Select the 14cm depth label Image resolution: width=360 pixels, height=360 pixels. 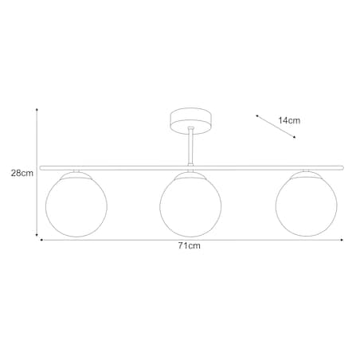(x=289, y=120)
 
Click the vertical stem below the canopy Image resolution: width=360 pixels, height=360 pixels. (x=190, y=147)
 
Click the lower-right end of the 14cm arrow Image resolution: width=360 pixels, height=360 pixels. (x=295, y=137)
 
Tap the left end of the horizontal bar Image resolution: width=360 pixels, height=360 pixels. (x=41, y=166)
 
